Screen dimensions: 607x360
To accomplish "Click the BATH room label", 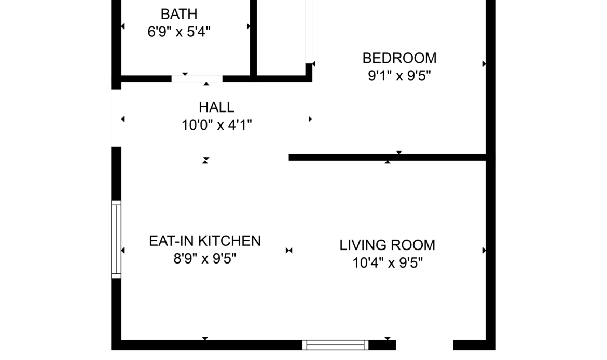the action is point(179,14).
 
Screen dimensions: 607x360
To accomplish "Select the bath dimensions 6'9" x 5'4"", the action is point(179,32).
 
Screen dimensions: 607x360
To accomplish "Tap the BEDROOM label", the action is point(399,58).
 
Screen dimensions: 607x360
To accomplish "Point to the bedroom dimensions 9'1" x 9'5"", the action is point(399,76).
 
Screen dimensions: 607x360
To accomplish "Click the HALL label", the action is point(216,107).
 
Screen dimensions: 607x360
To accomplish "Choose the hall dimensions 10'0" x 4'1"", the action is point(217,125).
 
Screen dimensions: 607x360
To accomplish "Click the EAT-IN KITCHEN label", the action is point(205,241).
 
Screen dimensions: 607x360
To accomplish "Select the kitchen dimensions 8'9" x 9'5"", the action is point(205,258).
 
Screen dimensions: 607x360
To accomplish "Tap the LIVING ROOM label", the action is point(388,245).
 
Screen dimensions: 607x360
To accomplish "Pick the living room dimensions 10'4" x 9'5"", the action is point(388,263).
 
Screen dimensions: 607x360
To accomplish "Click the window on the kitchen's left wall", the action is point(116,239).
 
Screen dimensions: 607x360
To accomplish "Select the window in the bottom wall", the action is point(335,345).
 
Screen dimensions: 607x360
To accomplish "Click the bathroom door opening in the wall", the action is point(197,79).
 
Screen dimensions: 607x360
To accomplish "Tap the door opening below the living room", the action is point(424,345).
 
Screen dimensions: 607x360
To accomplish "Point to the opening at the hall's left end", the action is point(116,118).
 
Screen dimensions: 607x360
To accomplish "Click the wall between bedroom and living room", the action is point(387,157).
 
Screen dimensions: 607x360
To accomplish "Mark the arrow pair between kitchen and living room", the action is point(289,251).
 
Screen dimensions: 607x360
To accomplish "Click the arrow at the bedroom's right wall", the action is point(484,64).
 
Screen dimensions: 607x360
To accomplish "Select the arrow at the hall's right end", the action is point(310,119).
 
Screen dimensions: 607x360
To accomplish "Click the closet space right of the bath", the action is point(281,38).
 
